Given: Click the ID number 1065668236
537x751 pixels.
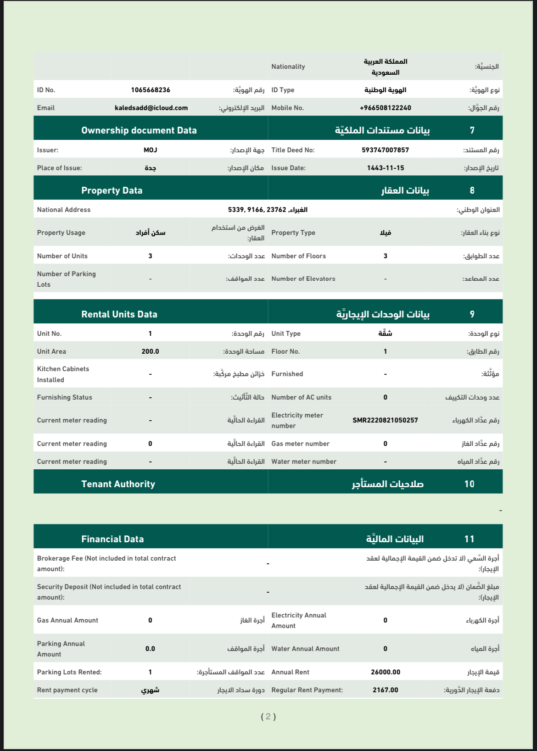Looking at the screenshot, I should point(151,90).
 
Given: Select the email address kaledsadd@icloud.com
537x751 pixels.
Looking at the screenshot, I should point(151,108).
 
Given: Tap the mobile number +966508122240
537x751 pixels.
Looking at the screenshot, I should point(385,108).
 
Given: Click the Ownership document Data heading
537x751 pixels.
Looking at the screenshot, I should point(139,130).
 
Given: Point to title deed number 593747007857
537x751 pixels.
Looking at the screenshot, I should point(385,150).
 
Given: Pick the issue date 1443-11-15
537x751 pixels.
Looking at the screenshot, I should point(385,168).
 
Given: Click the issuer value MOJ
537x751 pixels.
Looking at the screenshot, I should point(150,150).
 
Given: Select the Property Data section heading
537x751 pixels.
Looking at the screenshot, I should point(112,190).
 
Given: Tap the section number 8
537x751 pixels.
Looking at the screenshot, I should point(472,190).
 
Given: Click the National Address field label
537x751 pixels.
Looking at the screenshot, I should point(64,210).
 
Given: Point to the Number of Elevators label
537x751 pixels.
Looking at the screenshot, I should point(303,278).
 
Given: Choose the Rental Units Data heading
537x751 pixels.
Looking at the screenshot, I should point(119,314).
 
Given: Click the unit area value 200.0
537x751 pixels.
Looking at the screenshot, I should point(150,351).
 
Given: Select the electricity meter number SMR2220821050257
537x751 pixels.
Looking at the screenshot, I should point(385,420).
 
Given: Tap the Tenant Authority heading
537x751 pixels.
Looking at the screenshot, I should point(118,484).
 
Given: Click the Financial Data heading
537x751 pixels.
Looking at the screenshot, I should point(112,539).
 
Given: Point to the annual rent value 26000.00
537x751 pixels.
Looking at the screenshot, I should point(385,672).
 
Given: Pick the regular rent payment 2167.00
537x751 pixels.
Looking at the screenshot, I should point(385,690).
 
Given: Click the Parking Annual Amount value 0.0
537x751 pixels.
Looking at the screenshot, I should point(150,649).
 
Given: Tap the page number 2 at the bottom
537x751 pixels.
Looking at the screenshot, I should point(268,717).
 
